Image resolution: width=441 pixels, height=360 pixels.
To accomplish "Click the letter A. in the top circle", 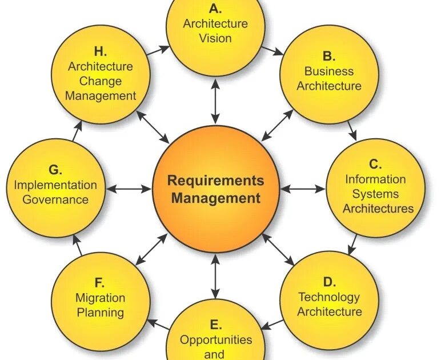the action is pos(215,9).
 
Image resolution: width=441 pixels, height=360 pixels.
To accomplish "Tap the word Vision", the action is pos(215,38).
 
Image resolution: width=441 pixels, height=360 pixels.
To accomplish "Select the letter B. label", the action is pos(328,56).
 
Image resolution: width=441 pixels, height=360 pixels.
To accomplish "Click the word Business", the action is pos(328,71).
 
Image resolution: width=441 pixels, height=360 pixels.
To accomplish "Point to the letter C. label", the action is pos(375,165).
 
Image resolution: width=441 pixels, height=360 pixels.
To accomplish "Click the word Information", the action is pos(375,179).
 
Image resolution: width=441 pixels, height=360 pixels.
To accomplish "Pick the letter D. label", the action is pos(329,282).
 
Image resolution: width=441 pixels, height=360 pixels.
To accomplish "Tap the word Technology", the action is pos(329,297).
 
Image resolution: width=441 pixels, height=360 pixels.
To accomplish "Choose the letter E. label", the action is pos(215,325).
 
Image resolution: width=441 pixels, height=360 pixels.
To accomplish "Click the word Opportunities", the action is pos(216,340).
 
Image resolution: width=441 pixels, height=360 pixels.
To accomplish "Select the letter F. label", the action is pos(100,283).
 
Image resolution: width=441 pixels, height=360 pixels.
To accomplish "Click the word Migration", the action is pos(100,298).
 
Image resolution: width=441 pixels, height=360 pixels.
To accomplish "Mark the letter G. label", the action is pos(55,170).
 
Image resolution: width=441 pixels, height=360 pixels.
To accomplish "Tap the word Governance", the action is pos(56,199).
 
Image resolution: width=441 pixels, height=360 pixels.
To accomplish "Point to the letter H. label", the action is pos(101,51).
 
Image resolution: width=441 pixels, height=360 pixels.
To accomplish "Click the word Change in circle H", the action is pos(101,81).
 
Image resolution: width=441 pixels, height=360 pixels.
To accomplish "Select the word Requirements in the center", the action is pos(215,181).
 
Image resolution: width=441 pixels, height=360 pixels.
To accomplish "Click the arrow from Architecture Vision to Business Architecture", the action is pos(272,50).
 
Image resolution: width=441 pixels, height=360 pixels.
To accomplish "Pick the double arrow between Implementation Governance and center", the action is pos(128,188).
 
